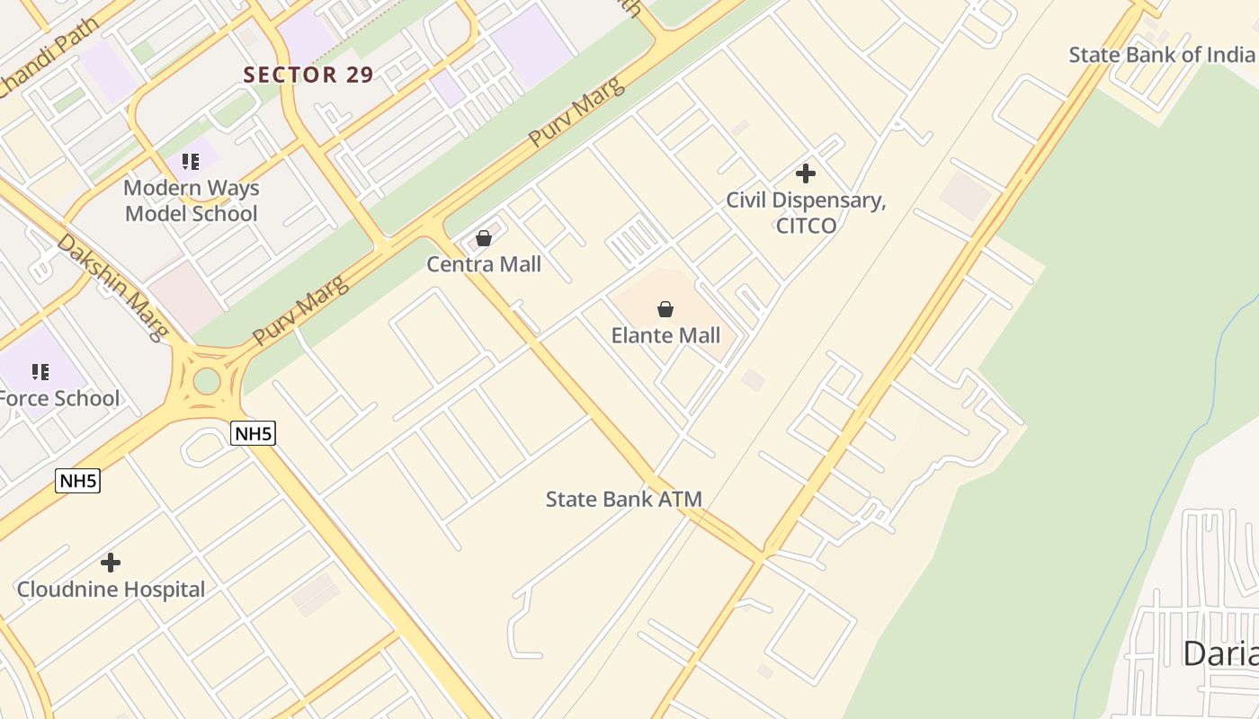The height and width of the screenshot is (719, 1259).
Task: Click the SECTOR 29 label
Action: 308,75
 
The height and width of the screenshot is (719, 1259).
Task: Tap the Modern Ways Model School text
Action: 191,200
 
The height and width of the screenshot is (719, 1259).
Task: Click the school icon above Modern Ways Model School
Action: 190,162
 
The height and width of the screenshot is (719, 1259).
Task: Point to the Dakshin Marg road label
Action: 112,287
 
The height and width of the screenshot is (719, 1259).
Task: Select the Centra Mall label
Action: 484,264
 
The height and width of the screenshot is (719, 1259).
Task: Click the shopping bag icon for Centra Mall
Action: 484,238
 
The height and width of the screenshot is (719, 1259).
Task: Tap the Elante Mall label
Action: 665,335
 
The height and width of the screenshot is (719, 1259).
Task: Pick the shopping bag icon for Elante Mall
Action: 665,310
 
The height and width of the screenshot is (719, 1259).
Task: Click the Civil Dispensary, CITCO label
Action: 806,212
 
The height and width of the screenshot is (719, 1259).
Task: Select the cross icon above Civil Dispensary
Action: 806,173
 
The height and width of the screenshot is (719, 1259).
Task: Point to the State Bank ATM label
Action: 623,499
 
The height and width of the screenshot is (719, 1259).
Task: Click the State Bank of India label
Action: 1161,54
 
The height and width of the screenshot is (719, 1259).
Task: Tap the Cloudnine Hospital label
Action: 111,590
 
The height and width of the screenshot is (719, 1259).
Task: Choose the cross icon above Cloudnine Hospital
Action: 111,563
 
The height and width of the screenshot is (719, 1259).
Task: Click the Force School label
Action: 59,398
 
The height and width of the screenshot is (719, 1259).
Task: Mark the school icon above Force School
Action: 40,371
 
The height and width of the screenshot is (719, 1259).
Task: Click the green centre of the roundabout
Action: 207,380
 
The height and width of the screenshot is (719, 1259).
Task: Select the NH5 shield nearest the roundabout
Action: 253,434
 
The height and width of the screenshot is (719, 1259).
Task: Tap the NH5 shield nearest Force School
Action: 78,481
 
